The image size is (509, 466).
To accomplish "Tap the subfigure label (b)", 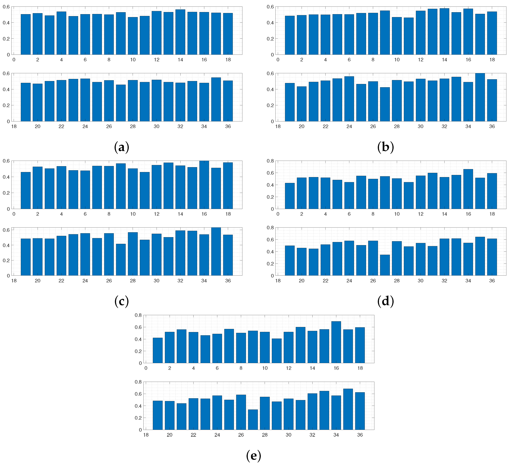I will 386,147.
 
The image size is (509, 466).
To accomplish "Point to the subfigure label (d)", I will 386,301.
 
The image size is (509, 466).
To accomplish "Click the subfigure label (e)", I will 253,455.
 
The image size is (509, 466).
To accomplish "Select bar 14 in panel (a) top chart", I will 180,32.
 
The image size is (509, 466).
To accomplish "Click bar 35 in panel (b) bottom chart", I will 480,97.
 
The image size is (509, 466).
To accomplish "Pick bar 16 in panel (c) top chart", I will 204,185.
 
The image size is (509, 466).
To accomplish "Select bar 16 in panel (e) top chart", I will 336,342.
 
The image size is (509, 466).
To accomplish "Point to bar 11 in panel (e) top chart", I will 277,351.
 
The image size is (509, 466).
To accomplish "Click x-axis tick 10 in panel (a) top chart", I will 133,60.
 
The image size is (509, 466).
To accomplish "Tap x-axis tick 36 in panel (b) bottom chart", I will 492,126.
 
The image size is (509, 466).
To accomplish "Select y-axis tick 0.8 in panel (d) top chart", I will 270,161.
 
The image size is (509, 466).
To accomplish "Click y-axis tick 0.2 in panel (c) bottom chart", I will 6,261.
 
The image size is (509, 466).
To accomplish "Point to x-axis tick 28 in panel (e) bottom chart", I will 265,435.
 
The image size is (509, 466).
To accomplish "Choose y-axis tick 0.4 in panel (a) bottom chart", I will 6,89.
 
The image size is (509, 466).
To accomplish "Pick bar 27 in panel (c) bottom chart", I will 121,260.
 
